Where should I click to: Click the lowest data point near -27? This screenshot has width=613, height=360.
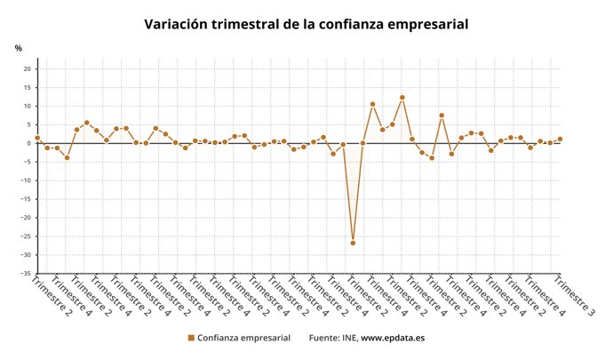click(353, 243)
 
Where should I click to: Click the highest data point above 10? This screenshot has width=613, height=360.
click(402, 98)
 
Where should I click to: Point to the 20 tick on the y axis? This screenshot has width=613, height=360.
click(27, 69)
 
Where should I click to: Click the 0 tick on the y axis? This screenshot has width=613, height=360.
click(29, 143)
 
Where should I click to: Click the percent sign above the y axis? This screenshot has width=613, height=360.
click(18, 48)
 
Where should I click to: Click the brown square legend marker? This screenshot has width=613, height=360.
click(191, 338)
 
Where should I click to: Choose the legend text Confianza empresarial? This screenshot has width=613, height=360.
click(243, 338)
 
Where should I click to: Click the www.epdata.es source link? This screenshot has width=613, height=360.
click(393, 338)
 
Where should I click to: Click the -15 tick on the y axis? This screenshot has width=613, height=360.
click(26, 198)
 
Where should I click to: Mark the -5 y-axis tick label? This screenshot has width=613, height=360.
click(28, 162)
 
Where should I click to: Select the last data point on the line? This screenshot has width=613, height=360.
click(560, 139)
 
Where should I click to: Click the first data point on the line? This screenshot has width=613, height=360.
click(37, 138)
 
